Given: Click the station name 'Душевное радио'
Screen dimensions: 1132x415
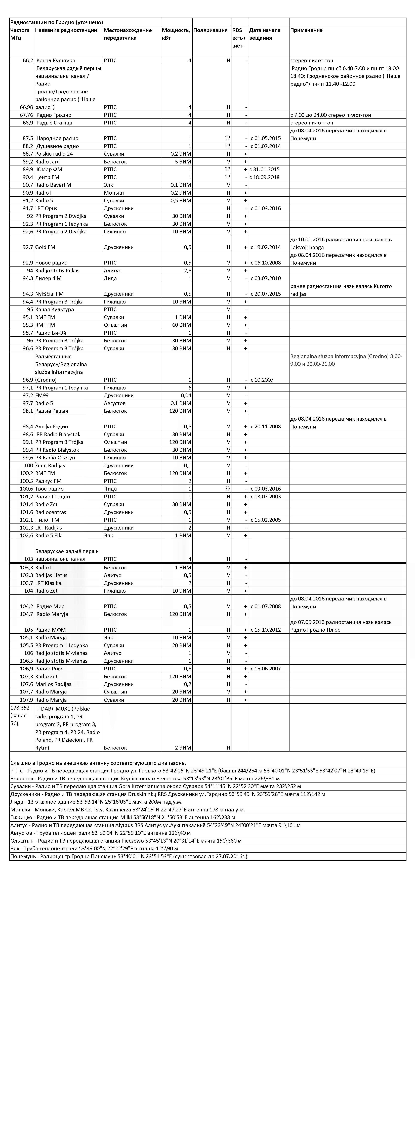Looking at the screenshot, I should coord(58,146).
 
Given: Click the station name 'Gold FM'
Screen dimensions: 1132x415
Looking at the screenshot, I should coord(45,247).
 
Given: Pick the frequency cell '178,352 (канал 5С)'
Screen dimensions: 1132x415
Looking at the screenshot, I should coord(20,715).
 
